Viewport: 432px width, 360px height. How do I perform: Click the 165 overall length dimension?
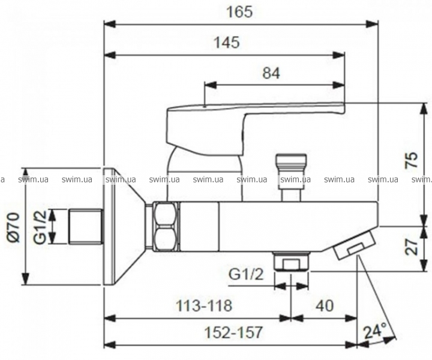239,12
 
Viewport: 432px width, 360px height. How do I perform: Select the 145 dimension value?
227,43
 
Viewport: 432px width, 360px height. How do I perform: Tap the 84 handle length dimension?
271,73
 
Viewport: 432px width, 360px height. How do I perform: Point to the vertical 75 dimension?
412,160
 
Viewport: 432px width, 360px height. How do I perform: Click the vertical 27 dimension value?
412,247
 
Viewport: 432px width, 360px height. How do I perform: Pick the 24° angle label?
375,332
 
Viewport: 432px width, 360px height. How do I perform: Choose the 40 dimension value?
325,305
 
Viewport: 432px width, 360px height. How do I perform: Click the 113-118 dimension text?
204,305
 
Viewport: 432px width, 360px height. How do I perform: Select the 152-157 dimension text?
233,332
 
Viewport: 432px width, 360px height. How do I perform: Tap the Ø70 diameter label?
13,227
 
